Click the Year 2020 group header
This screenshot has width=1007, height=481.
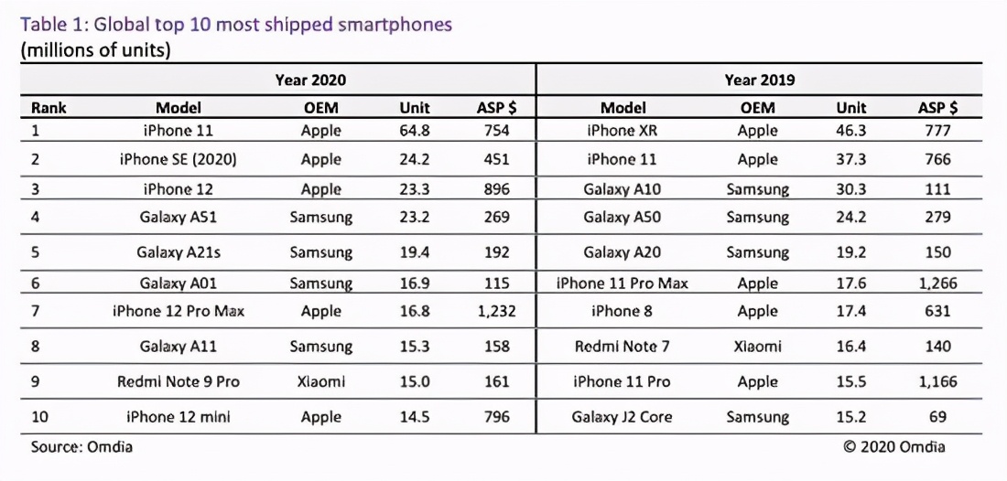[310, 80]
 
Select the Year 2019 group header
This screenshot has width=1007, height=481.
[759, 80]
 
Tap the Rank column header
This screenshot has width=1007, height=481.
[49, 108]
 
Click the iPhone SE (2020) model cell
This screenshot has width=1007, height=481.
[179, 160]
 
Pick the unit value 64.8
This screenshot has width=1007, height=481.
[414, 131]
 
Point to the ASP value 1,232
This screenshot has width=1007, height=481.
[496, 311]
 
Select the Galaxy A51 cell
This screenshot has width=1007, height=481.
[179, 218]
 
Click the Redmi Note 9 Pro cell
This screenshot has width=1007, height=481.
[179, 381]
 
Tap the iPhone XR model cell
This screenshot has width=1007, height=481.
[623, 131]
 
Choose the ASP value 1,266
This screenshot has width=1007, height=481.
[937, 283]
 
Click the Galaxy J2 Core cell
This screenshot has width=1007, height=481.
[623, 417]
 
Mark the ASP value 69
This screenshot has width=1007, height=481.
[937, 417]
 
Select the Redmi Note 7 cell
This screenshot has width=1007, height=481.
[623, 347]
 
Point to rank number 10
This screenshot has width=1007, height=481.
[41, 417]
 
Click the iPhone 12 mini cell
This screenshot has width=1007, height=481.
[179, 417]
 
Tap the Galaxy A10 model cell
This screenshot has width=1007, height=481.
[623, 189]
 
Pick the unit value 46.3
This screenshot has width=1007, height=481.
[851, 131]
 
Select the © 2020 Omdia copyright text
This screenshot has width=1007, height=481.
[894, 447]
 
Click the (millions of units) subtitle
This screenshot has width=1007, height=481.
[95, 50]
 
